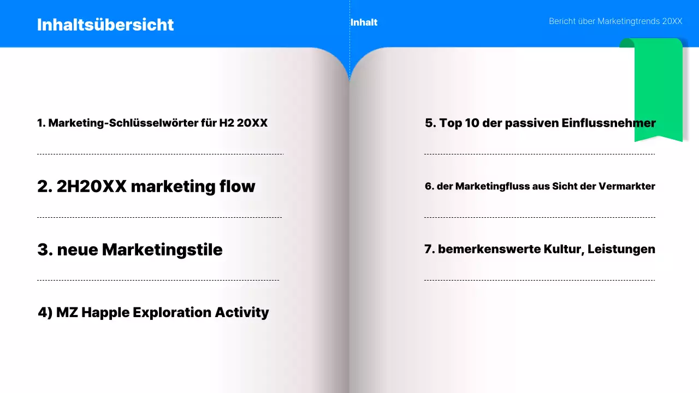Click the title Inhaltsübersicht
click(x=105, y=25)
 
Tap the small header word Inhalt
click(x=364, y=22)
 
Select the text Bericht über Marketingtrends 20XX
click(x=615, y=21)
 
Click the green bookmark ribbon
click(x=658, y=90)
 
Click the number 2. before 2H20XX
click(x=44, y=186)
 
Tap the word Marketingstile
click(x=162, y=249)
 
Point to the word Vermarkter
click(x=626, y=186)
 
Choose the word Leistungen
click(x=621, y=249)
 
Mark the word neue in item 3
click(x=77, y=249)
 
